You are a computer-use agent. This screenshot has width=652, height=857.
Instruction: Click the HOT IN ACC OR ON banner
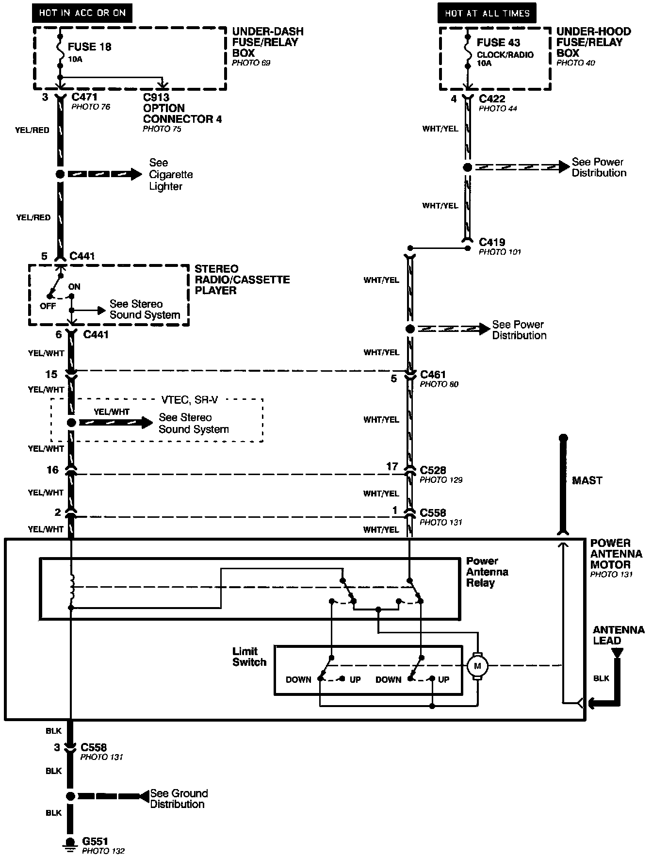[x=82, y=13]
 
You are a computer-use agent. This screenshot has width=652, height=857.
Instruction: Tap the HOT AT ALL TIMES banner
[x=487, y=13]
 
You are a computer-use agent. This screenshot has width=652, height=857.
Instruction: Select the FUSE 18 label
[x=89, y=47]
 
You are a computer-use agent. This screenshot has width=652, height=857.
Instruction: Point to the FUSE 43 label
[x=498, y=43]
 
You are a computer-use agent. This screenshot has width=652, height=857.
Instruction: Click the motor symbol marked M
[x=477, y=666]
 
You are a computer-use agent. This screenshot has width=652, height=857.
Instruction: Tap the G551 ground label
[x=95, y=841]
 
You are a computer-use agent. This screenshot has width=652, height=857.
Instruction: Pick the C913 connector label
[x=156, y=97]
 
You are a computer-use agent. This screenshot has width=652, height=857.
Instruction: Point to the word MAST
[x=587, y=480]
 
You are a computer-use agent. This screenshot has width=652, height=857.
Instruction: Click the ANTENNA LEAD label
[x=619, y=635]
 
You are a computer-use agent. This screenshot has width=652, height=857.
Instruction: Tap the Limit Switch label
[x=249, y=657]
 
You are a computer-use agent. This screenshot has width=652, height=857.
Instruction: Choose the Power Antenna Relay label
[x=487, y=572]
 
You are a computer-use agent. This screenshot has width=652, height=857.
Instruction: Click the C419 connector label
[x=492, y=242]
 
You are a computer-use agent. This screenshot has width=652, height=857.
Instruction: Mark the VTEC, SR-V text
[x=189, y=400]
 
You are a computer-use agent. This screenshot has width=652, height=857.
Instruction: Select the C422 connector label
[x=492, y=99]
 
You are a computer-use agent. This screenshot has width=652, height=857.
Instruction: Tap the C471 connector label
[x=84, y=97]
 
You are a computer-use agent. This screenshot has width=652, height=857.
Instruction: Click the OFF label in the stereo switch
[x=48, y=306]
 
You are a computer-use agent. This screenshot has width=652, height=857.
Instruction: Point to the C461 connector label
[x=433, y=375]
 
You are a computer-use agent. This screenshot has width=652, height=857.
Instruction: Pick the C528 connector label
[x=433, y=470]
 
